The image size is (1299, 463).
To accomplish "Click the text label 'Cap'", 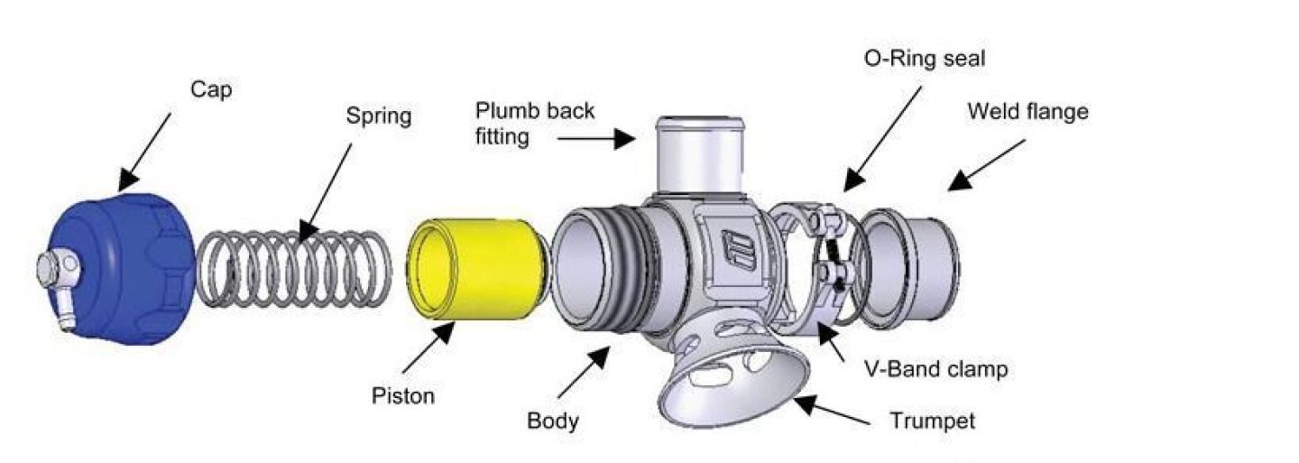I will (x=211, y=90).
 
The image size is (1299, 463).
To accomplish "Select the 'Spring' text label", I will (x=379, y=116).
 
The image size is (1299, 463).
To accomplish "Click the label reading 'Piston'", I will (x=402, y=396).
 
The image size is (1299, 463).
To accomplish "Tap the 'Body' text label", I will (x=552, y=421).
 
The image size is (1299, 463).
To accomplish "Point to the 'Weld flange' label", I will (x=1027, y=112).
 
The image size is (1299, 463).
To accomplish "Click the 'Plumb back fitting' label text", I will (x=534, y=124).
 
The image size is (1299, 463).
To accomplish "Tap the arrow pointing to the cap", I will (x=145, y=148).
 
